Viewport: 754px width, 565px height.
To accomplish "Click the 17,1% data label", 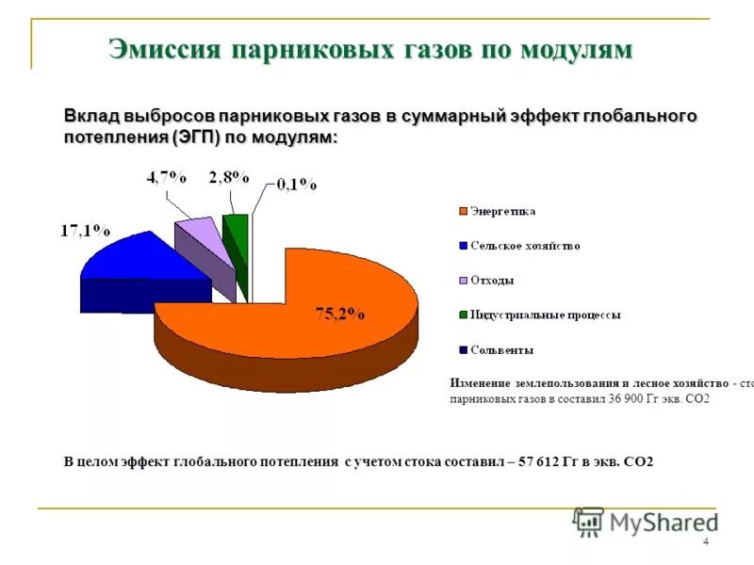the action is [86, 230].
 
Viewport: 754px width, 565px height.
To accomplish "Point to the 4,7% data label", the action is [166, 177].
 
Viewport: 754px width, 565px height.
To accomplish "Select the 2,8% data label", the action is [229, 177].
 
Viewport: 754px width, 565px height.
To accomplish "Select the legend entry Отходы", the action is [492, 281].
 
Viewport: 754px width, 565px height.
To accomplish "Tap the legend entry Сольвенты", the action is [501, 350].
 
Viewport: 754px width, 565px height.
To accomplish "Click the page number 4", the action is [706, 541].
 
